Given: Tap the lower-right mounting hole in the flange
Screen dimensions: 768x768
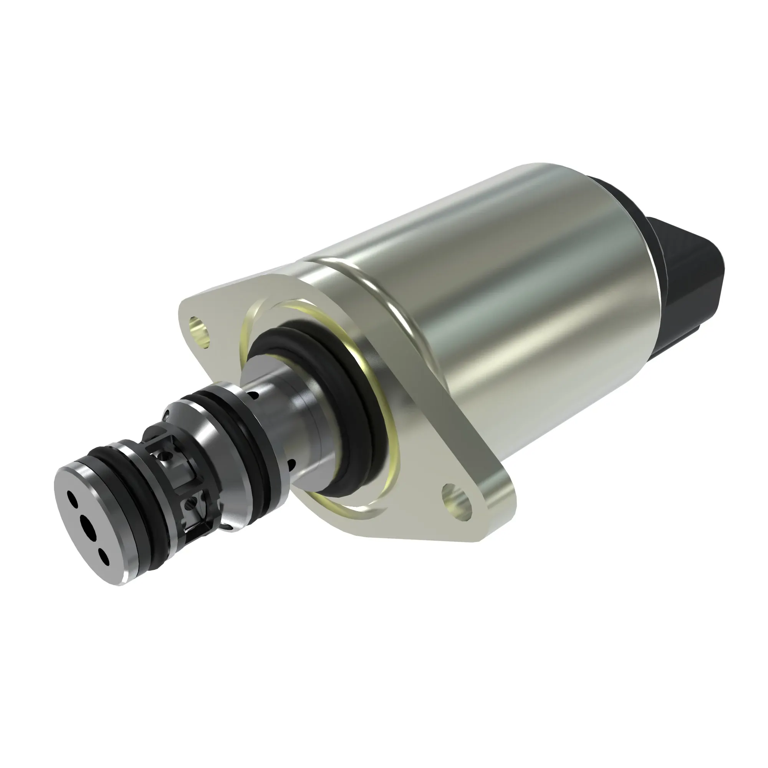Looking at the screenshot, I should tap(457, 500).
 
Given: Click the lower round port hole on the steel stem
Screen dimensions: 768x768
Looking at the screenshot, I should tap(292, 464).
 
